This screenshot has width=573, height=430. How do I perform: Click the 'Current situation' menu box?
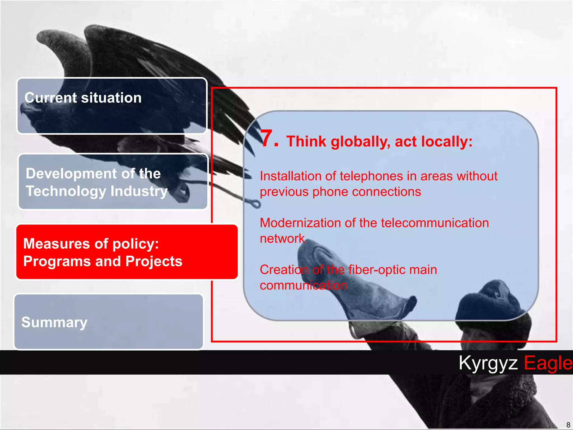point(112,106)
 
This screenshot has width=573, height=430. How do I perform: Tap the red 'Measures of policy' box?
point(127,252)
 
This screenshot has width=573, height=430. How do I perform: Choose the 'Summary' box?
point(109,322)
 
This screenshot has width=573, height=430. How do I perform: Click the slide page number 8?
point(568,425)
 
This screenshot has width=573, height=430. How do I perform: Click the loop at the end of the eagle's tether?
point(255,204)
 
